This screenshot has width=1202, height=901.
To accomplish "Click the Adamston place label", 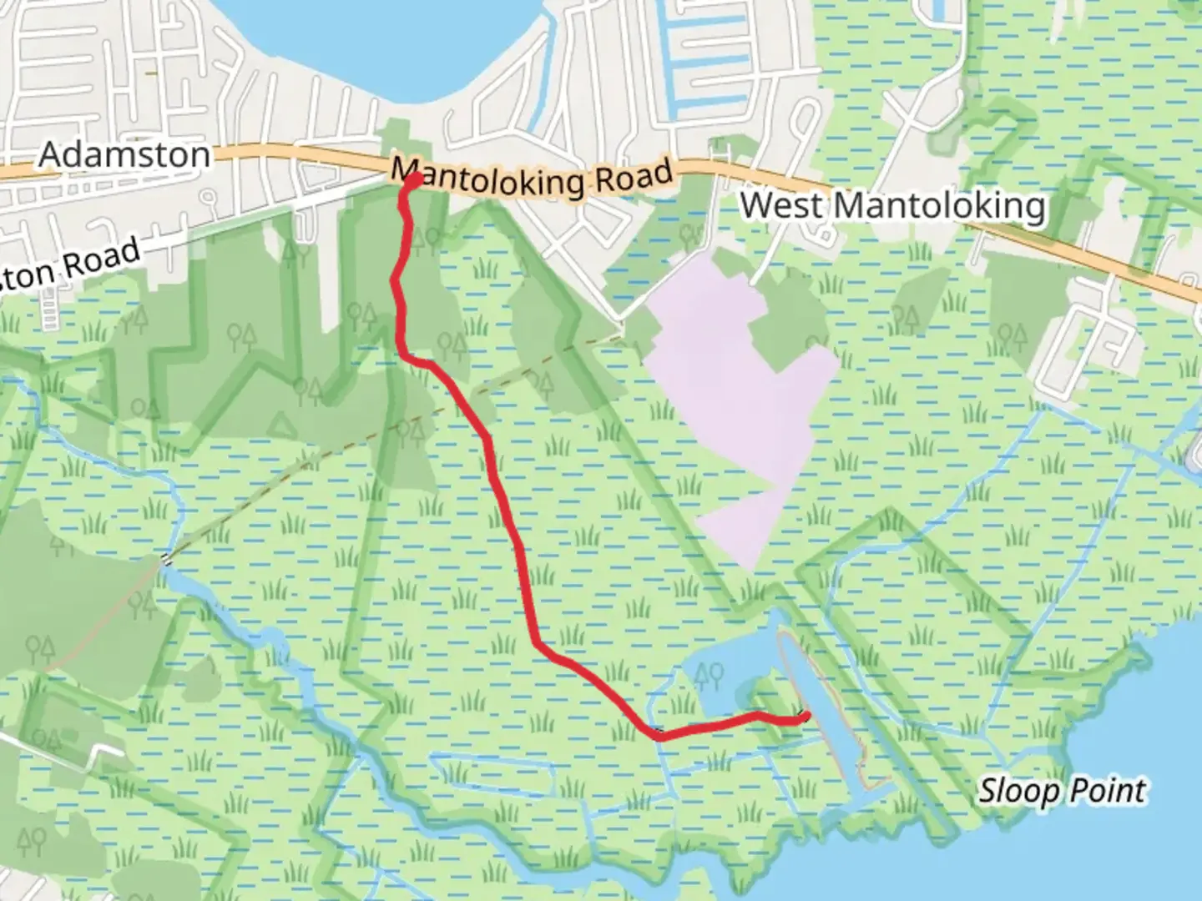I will (124, 155).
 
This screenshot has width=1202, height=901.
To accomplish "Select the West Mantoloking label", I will (892, 206).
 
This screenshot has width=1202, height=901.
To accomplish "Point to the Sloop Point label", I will (1062, 790).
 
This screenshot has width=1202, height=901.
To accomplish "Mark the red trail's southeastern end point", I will (805, 715).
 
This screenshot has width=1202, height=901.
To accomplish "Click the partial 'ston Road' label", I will (71, 265).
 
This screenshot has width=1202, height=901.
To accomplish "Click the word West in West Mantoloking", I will (780, 205).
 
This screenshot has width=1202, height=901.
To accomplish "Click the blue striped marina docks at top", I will (710, 58).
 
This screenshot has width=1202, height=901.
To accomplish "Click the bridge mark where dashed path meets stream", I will (166, 560).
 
